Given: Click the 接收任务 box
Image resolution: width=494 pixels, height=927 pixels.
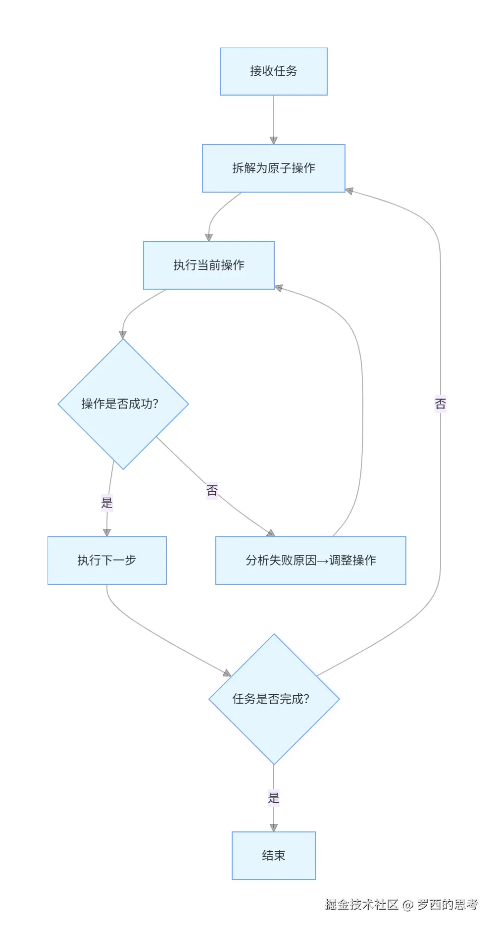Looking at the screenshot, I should [273, 71].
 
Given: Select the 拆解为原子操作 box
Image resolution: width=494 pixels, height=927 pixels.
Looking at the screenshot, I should [273, 168].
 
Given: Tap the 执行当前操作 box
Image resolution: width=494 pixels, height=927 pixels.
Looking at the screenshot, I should [208, 265].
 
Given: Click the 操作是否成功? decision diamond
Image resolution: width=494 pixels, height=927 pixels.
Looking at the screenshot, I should [123, 404].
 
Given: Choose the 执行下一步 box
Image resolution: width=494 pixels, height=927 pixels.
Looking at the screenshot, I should [107, 561].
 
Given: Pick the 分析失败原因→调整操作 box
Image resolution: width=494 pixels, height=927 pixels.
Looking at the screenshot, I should [310, 561].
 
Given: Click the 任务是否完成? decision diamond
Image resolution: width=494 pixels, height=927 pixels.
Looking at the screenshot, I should [274, 699].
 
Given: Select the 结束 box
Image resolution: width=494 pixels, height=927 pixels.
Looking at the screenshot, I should [273, 856].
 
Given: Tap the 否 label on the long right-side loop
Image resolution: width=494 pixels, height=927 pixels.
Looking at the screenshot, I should [440, 404].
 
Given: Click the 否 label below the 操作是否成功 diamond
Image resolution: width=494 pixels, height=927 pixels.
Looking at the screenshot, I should [212, 491].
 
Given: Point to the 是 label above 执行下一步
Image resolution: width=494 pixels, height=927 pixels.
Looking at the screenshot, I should [107, 503].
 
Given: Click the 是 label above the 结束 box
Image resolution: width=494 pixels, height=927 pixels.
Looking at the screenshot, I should [274, 798].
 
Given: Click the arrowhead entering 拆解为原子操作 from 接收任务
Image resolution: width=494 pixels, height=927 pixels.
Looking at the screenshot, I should [274, 141].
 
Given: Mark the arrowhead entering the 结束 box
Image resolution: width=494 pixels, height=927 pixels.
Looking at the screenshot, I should [274, 827].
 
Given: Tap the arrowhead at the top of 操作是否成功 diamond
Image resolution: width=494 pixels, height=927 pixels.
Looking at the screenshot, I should [123, 335].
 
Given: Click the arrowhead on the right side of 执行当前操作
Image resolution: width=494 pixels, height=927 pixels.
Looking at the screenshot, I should [279, 288].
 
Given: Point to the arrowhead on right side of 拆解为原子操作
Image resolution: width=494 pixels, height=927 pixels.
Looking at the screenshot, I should [349, 191].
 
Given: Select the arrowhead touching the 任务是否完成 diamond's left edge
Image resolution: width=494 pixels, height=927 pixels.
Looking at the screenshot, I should [227, 673].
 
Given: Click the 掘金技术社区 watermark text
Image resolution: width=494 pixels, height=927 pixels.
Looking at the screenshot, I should [361, 905].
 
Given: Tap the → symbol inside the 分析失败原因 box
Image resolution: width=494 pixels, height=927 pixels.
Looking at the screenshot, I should [322, 561].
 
